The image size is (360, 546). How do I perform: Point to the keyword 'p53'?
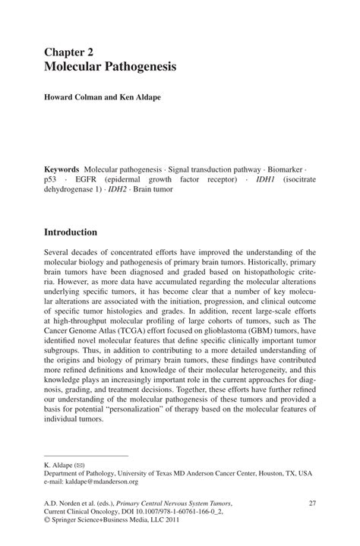click(x=51, y=178)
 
